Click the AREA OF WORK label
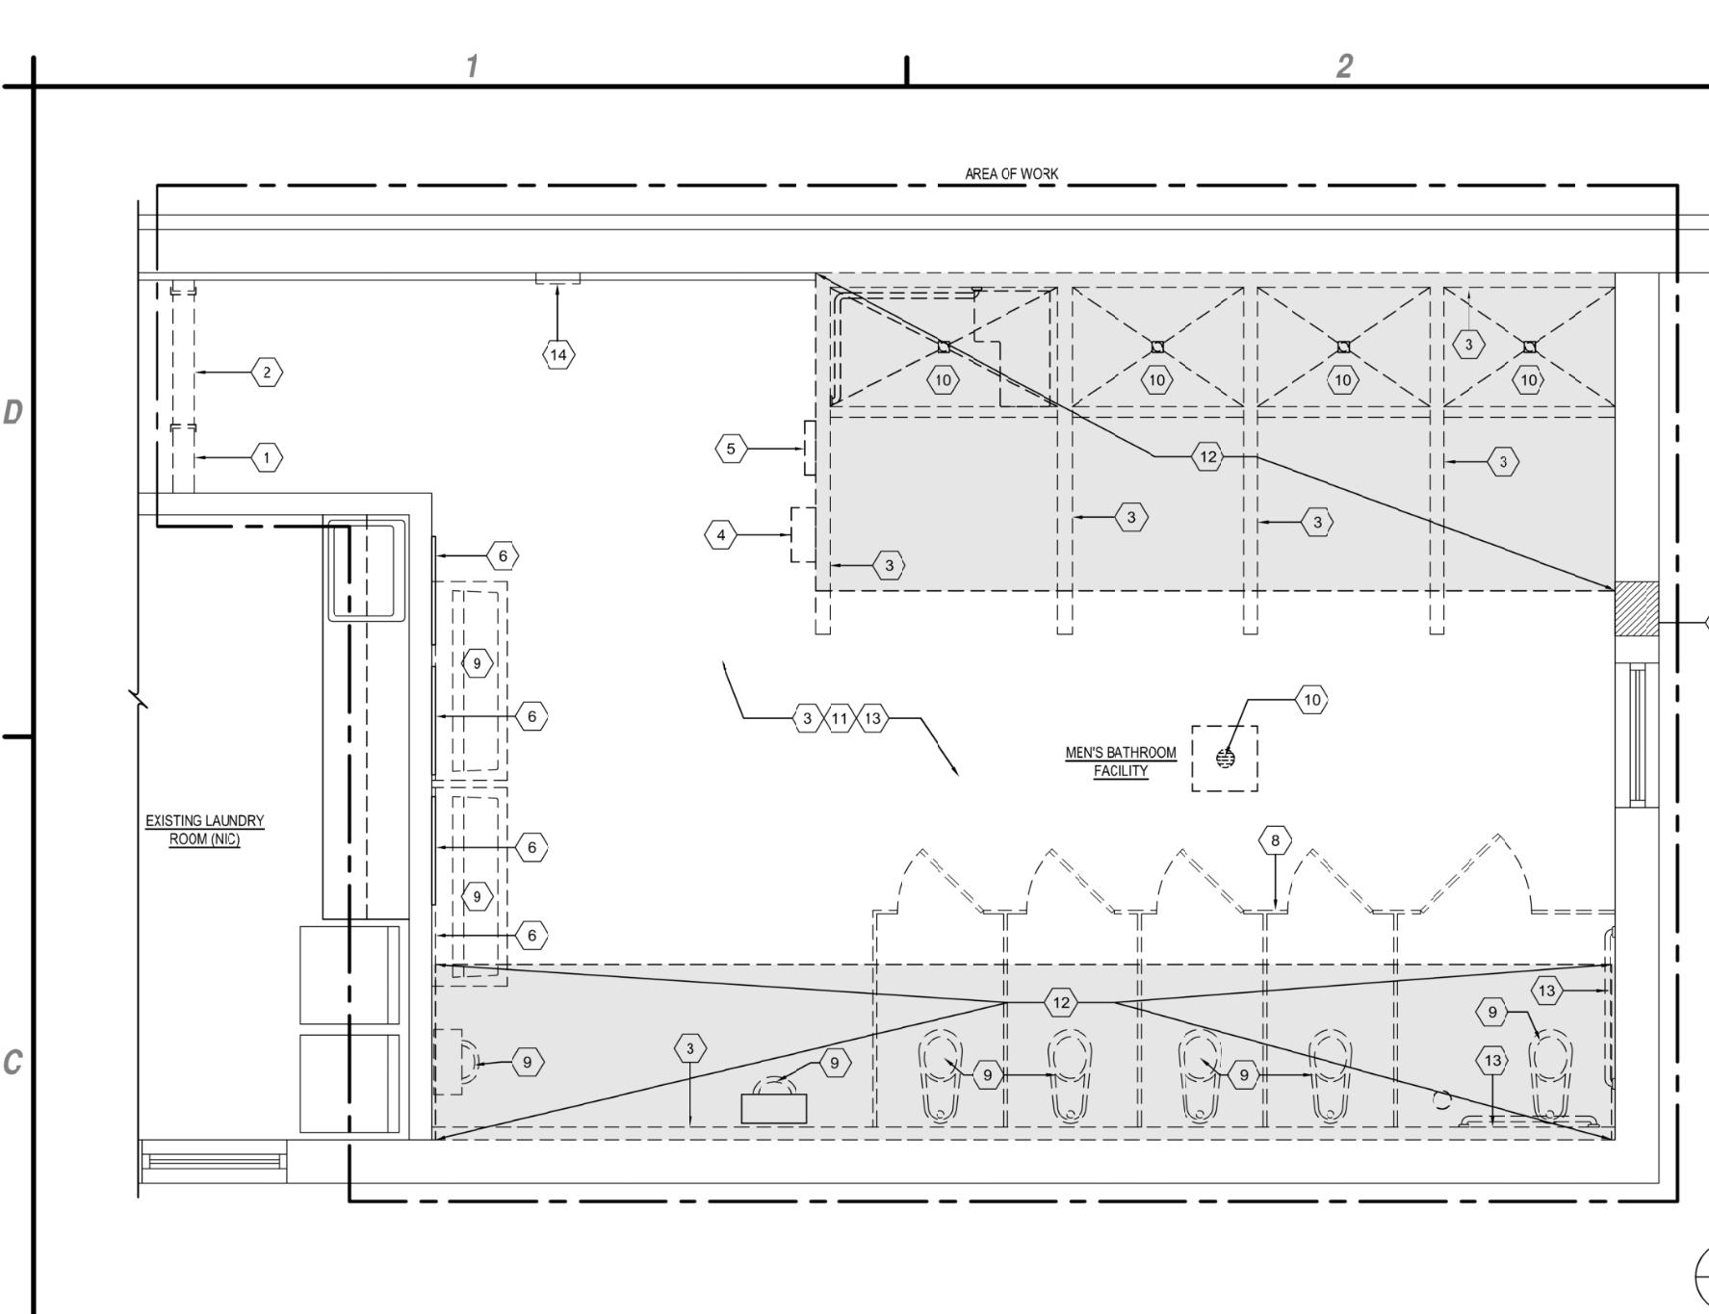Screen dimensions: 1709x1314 [x=1011, y=174]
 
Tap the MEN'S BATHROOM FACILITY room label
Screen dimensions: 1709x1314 [x=1121, y=761]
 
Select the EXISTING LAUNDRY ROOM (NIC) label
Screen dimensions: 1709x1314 [x=204, y=830]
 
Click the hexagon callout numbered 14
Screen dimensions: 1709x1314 [x=558, y=355]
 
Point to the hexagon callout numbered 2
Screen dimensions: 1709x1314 [x=267, y=373]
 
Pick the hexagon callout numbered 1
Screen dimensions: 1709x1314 [x=267, y=457]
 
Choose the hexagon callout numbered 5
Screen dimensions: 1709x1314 [x=731, y=449]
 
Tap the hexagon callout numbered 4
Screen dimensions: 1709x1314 [x=721, y=534]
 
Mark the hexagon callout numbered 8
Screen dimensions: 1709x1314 [x=1275, y=840]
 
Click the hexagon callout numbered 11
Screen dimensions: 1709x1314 [x=840, y=718]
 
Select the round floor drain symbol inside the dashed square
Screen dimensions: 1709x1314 [x=1225, y=759]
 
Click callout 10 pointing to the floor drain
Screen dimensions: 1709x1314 [x=1311, y=700]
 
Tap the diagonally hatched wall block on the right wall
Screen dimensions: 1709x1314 [x=1636, y=608]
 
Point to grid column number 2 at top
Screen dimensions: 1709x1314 [x=1344, y=66]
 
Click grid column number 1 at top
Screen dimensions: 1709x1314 [x=472, y=66]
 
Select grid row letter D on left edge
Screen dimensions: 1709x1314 [x=13, y=413]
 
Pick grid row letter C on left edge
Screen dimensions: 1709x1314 [x=13, y=1063]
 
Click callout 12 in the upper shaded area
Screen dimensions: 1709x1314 [x=1207, y=456]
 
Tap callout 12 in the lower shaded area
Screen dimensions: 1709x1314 [x=1061, y=1002]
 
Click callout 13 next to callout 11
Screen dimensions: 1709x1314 [x=872, y=718]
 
